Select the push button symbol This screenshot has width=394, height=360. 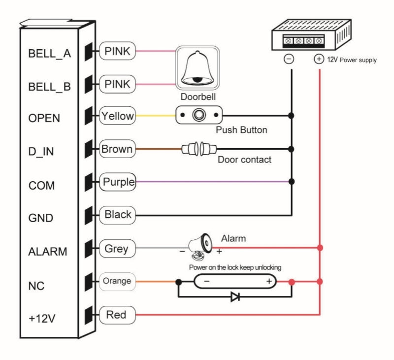(x=198, y=116)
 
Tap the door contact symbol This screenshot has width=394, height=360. (x=198, y=148)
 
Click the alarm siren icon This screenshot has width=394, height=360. (x=201, y=244)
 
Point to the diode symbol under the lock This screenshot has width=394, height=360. (x=235, y=297)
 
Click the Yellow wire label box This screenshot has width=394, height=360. (x=117, y=116)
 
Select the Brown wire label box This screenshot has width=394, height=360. (x=117, y=149)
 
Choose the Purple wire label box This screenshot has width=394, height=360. (x=118, y=182)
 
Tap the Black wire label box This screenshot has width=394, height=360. (x=118, y=215)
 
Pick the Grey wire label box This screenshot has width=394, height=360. (x=117, y=249)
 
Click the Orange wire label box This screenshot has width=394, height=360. (x=117, y=281)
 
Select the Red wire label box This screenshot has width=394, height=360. (x=117, y=314)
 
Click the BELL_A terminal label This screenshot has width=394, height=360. (x=50, y=53)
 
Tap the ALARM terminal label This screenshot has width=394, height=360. (x=47, y=252)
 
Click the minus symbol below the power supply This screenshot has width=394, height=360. (x=289, y=60)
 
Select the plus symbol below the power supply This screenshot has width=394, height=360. (x=319, y=60)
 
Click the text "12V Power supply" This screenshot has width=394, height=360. (x=352, y=60)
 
